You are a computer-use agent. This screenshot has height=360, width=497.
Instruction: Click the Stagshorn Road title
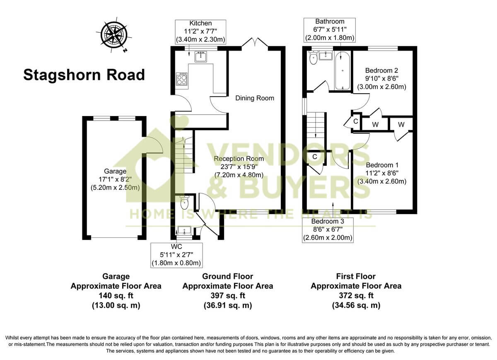point(84,75)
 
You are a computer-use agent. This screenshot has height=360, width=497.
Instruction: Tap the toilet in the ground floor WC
point(184,203)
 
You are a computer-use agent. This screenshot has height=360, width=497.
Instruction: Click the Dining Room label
point(255,98)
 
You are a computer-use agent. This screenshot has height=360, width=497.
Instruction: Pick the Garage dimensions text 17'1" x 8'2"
point(115,179)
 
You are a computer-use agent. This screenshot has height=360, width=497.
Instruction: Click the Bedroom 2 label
point(381,70)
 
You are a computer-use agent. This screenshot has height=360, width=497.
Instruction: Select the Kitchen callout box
point(200,31)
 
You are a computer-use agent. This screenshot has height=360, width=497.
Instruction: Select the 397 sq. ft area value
point(227,296)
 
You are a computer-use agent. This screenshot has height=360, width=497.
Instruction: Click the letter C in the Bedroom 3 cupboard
point(315,157)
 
